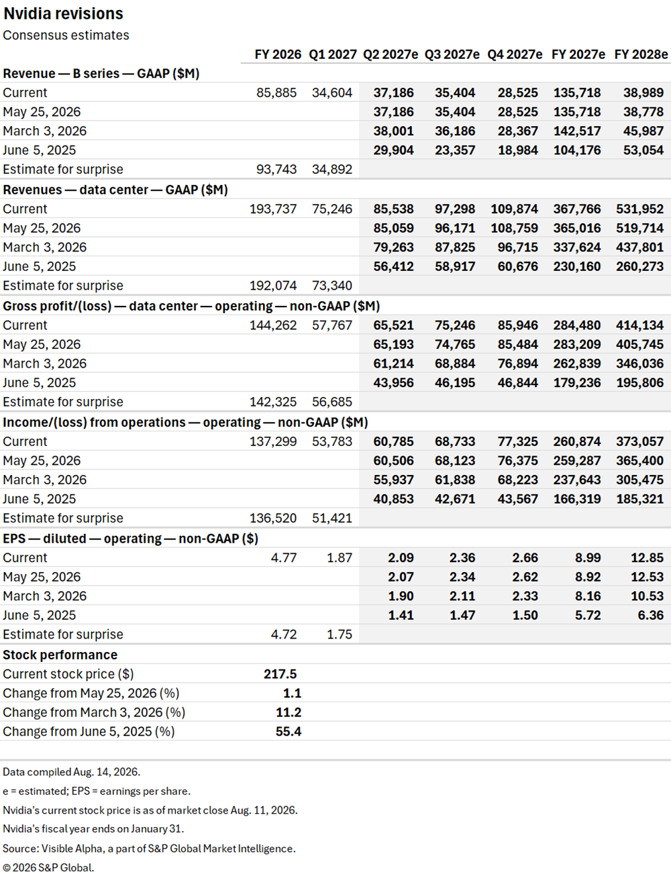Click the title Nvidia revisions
pos(63,13)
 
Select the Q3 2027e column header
pos(452,54)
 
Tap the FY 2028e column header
pos(641,54)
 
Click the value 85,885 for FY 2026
pos(276,93)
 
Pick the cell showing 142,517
pos(577,131)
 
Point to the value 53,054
pos(643,150)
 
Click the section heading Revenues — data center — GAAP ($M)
pos(115,190)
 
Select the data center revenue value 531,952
pos(639,209)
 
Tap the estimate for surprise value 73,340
pos(332,286)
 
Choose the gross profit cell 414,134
pos(639,325)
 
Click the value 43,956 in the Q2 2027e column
pos(393,383)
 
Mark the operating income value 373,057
pos(639,442)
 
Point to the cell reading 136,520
pos(273,518)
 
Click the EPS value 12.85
pos(648,558)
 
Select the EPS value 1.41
pos(401,616)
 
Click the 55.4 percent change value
pos(289,732)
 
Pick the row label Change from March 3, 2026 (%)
pos(94,712)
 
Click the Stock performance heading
pos(60,655)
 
